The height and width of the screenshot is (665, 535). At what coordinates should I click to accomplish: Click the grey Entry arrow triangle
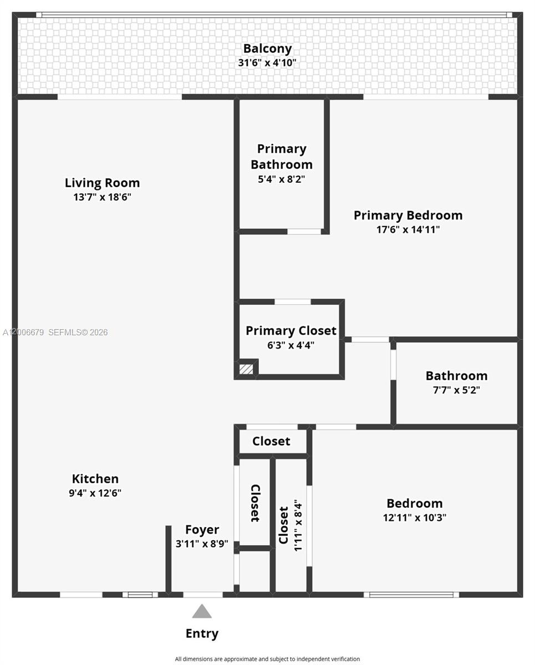(x=202, y=612)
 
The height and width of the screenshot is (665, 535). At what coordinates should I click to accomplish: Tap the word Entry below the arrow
(x=202, y=633)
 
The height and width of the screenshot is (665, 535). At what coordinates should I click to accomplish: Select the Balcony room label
(x=267, y=49)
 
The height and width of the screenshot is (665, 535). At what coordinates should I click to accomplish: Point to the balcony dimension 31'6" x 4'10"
(x=267, y=63)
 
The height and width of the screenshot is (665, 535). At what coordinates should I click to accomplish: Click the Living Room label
(x=102, y=183)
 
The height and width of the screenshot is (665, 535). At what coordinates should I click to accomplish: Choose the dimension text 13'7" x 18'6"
(x=102, y=197)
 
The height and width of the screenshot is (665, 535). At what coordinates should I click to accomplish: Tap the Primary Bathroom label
(x=282, y=157)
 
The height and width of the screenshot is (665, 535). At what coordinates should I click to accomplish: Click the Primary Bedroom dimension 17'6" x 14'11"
(x=408, y=229)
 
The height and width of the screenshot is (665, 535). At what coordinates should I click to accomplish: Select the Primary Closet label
(x=291, y=331)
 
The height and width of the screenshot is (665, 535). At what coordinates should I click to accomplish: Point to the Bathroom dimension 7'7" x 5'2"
(x=456, y=390)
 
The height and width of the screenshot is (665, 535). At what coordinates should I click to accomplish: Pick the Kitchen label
(x=95, y=479)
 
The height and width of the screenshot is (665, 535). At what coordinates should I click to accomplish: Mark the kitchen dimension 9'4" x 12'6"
(x=95, y=493)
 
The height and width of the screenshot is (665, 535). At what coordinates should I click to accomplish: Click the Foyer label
(x=202, y=530)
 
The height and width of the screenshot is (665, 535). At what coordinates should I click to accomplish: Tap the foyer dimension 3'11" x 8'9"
(x=202, y=544)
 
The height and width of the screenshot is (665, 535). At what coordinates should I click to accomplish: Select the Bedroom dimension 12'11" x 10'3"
(x=415, y=518)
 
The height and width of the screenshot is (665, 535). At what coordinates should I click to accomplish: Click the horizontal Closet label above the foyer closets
(x=271, y=441)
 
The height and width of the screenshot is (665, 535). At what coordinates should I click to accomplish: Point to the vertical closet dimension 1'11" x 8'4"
(x=298, y=525)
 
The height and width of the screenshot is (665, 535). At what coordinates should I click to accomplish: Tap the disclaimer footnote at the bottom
(x=267, y=659)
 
